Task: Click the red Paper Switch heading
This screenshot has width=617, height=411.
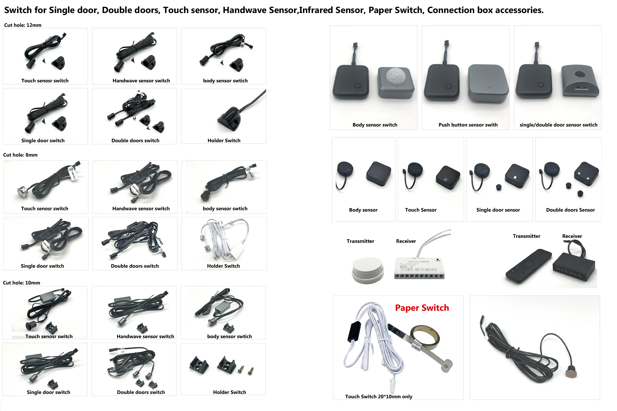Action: click(x=422, y=308)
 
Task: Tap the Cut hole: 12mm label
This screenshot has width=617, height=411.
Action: click(x=23, y=25)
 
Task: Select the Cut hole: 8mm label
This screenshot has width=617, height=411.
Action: click(x=20, y=155)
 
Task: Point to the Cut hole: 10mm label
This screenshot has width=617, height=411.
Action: click(x=21, y=283)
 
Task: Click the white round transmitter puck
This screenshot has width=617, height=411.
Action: click(x=368, y=270)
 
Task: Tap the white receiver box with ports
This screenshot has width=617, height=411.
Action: click(x=419, y=268)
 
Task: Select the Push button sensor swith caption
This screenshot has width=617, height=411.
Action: click(x=468, y=125)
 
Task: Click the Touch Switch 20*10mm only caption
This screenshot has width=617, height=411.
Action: click(x=379, y=397)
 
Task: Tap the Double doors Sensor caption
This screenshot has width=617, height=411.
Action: click(x=570, y=210)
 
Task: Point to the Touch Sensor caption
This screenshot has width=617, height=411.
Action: click(x=421, y=210)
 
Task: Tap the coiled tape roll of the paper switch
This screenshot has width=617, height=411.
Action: click(x=425, y=337)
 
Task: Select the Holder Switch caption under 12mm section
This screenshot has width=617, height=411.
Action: click(x=224, y=141)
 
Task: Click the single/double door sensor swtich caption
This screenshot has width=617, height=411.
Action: click(x=558, y=125)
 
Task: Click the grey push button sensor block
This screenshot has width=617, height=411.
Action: click(x=487, y=83)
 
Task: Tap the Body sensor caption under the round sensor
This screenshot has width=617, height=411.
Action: click(x=363, y=210)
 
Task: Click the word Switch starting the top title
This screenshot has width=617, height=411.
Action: click(x=18, y=10)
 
